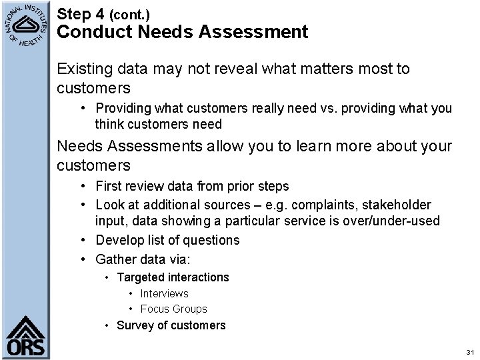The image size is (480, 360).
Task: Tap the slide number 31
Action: pyautogui.click(x=470, y=351)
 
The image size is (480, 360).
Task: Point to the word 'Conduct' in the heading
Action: pyautogui.click(x=89, y=31)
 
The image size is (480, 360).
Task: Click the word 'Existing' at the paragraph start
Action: pyautogui.click(x=83, y=69)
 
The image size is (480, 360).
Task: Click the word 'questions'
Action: pyautogui.click(x=206, y=240)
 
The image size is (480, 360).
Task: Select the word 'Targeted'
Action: pyautogui.click(x=140, y=277)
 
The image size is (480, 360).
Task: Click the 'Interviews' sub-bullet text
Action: pyautogui.click(x=164, y=293)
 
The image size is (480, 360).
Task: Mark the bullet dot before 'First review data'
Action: pyautogui.click(x=86, y=186)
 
